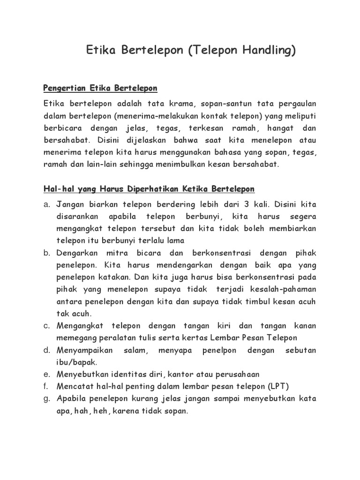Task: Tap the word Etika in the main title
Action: point(101,51)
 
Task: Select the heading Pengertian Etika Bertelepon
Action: point(100,88)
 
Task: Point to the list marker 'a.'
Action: point(46,204)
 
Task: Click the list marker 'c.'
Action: point(46,325)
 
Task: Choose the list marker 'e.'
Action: point(46,374)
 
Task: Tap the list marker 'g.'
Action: point(46,398)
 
